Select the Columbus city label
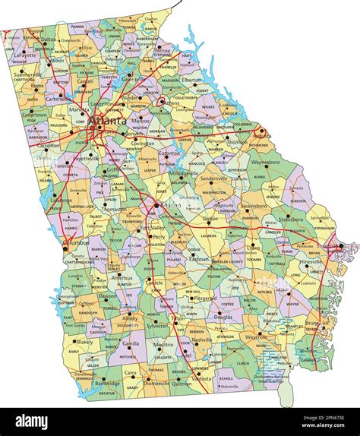[74, 243]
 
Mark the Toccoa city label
[162, 51]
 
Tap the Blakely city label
[86, 342]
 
